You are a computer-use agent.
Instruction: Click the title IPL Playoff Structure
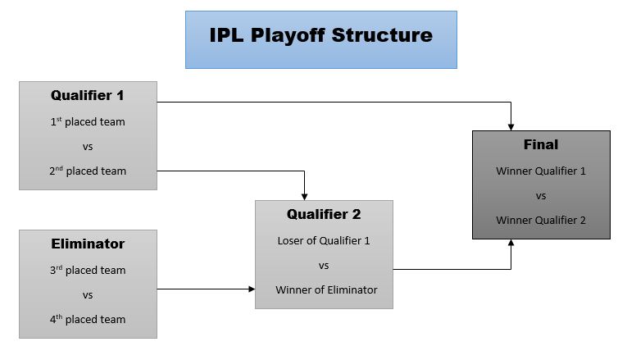click(x=320, y=36)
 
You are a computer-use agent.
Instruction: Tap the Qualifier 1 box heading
click(x=88, y=95)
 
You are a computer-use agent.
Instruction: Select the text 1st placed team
click(x=88, y=122)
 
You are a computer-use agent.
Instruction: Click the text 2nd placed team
click(x=88, y=171)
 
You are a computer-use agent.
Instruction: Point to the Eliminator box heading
click(x=88, y=244)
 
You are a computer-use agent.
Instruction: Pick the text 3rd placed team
click(x=88, y=271)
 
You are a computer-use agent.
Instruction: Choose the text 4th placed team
click(x=88, y=320)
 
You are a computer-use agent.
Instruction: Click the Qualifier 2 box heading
click(x=324, y=215)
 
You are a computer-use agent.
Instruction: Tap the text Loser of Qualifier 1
click(x=324, y=241)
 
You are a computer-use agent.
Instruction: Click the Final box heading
click(x=541, y=144)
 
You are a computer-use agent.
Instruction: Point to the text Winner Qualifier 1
click(x=541, y=171)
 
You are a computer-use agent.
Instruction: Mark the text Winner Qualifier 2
click(x=541, y=220)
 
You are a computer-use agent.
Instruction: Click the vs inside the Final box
click(x=541, y=196)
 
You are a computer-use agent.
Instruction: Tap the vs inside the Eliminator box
click(x=88, y=295)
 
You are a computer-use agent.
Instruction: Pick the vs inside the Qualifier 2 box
click(x=324, y=266)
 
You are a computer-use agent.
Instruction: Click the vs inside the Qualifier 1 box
click(x=88, y=147)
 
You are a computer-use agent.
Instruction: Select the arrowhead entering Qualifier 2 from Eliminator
click(x=251, y=289)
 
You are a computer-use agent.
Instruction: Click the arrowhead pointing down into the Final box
click(x=511, y=126)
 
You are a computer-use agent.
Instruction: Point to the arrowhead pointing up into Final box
click(x=511, y=244)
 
